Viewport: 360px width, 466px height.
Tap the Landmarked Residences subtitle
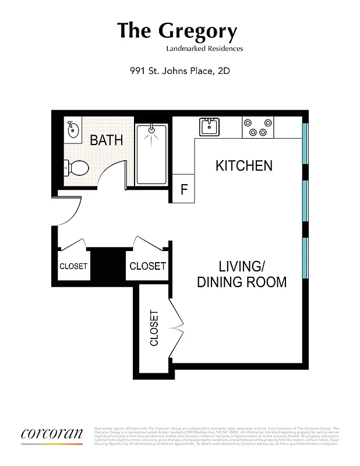tap(204, 49)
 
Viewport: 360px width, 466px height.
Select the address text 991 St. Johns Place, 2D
tap(180, 72)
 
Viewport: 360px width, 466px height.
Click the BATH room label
tap(106, 140)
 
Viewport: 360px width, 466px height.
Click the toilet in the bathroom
tap(76, 168)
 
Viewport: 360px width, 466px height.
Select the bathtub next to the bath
tap(151, 154)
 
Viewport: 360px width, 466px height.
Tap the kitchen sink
tap(209, 126)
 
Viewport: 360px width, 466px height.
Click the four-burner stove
tap(258, 127)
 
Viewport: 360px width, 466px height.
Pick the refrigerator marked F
tap(183, 189)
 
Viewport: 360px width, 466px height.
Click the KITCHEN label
tap(243, 165)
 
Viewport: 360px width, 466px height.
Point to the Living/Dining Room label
tap(242, 274)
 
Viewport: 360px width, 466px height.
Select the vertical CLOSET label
tap(154, 328)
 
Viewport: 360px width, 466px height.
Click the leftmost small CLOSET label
tap(73, 266)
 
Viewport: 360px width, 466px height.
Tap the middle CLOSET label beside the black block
tap(147, 266)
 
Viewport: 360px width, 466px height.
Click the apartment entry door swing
tap(69, 213)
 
